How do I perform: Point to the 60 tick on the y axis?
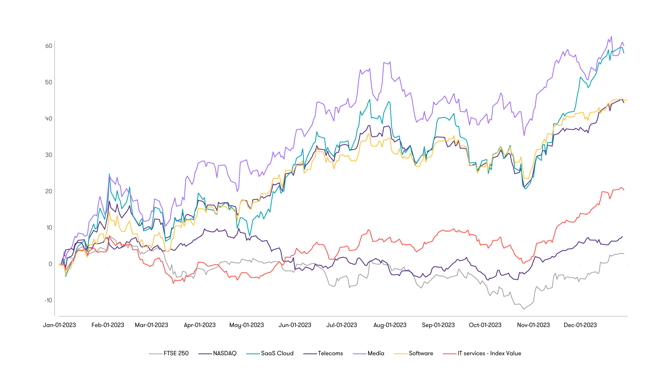coord(49,46)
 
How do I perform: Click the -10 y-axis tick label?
coord(48,300)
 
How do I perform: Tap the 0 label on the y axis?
coord(50,264)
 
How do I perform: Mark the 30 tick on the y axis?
coord(49,155)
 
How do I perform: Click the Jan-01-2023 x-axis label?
coord(59,325)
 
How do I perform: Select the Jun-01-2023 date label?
coord(295,325)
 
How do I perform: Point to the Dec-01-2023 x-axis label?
coord(580,325)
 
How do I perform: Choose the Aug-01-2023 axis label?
coord(390,325)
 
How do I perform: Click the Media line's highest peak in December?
coord(611,36)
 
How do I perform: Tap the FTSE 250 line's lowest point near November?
coord(524,309)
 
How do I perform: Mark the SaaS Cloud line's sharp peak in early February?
coord(109,174)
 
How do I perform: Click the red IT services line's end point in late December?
coord(624,190)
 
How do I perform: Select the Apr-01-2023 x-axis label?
coord(200,325)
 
